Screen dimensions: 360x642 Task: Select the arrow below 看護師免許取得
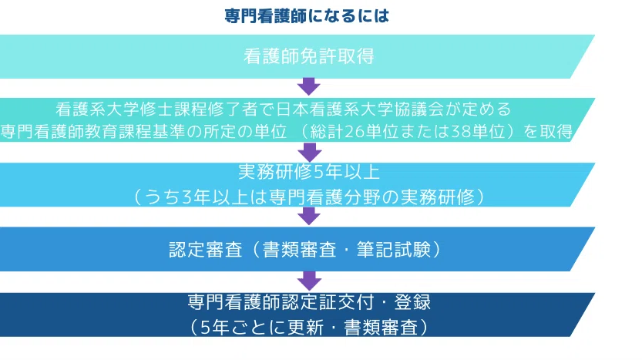tap(308, 86)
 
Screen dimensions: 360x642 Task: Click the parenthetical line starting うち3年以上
tap(308, 196)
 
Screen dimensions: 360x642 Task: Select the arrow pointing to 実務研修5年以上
tap(308, 150)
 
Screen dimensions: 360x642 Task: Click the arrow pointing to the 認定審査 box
tap(308, 216)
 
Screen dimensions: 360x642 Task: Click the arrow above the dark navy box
tap(308, 281)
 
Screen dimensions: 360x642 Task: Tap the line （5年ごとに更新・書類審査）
tap(308, 326)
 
